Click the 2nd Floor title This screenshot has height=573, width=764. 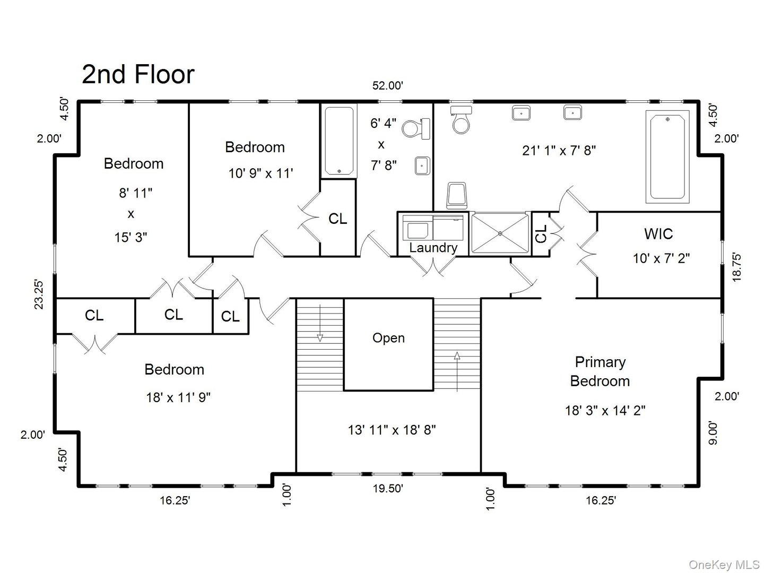click(x=138, y=74)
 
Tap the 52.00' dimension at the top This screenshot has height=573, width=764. click(x=388, y=85)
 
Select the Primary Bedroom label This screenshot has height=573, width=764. click(x=600, y=371)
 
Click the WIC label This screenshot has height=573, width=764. click(x=658, y=234)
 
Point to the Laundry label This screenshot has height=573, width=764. click(x=433, y=248)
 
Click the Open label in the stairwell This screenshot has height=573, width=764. click(x=388, y=338)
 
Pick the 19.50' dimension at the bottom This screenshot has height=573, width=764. click(x=388, y=489)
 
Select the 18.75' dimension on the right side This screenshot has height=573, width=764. click(x=736, y=267)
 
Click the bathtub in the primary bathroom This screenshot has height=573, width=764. click(x=667, y=157)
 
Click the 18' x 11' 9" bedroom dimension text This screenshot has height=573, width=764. click(x=178, y=397)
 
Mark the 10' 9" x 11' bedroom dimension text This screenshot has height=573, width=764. click(x=261, y=173)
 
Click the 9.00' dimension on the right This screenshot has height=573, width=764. click(x=713, y=433)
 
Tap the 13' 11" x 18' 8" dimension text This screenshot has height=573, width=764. click(x=392, y=430)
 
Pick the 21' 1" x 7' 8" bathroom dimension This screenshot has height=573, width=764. click(x=559, y=151)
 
